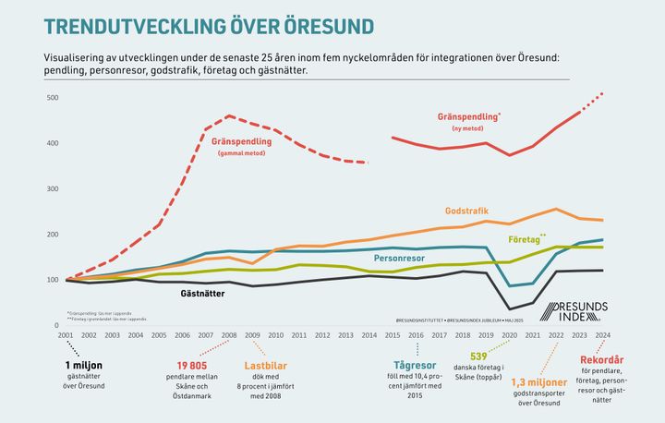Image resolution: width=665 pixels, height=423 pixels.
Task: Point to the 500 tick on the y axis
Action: tap(52, 97)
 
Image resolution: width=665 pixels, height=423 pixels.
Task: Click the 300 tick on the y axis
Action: tap(52, 188)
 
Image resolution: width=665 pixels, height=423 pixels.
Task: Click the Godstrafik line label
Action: tap(466, 209)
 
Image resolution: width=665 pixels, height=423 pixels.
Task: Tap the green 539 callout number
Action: tap(478, 355)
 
